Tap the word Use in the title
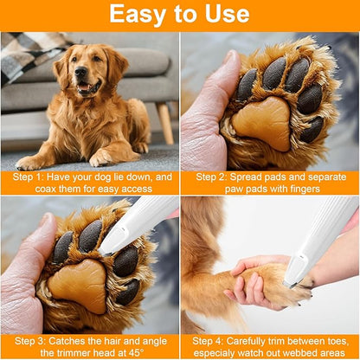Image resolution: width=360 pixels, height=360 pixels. tap(228, 15)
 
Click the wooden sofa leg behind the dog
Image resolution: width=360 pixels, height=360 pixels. tap(164, 122)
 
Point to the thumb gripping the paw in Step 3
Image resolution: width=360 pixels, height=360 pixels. tap(24, 268)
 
